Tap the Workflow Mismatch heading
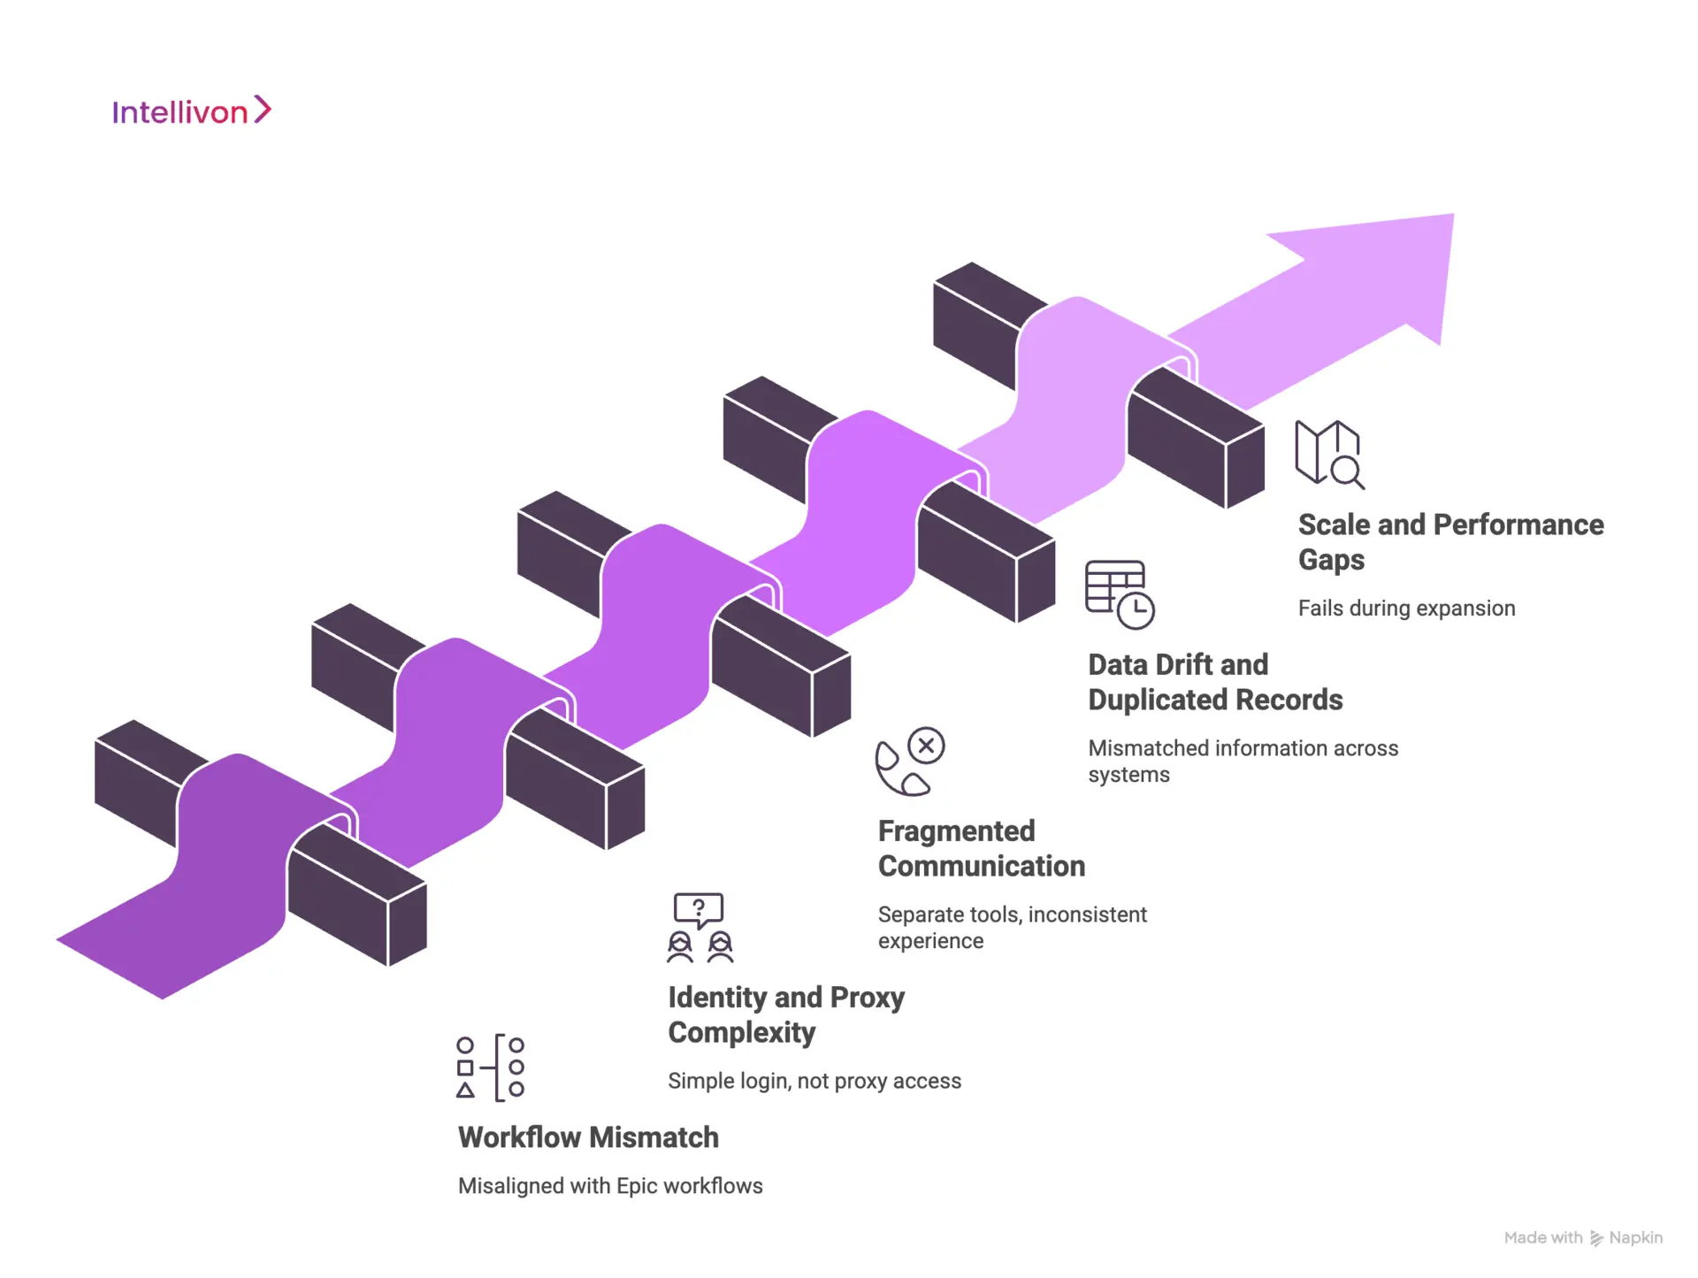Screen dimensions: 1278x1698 pyautogui.click(x=588, y=1137)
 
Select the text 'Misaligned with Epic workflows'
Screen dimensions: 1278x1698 pyautogui.click(x=610, y=1186)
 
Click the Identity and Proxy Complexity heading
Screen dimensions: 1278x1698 pyautogui.click(x=786, y=1014)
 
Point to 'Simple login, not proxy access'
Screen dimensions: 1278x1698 pyautogui.click(x=815, y=1081)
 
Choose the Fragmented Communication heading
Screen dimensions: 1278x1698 pyautogui.click(x=981, y=848)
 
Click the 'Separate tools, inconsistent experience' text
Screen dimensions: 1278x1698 pyautogui.click(x=1012, y=927)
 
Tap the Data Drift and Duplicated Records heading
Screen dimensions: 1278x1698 pyautogui.click(x=1214, y=682)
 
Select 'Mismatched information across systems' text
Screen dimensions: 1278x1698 pyautogui.click(x=1243, y=761)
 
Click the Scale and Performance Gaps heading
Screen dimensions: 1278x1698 pyautogui.click(x=1450, y=541)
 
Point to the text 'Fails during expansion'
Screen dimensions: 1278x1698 pyautogui.click(x=1406, y=608)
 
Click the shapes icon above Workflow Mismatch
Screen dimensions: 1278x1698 pyautogui.click(x=491, y=1068)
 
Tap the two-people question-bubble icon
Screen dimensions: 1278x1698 pyautogui.click(x=700, y=927)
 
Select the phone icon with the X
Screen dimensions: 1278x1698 pyautogui.click(x=909, y=761)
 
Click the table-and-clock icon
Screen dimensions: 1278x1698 pyautogui.click(x=1120, y=594)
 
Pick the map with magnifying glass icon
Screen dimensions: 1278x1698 pyautogui.click(x=1329, y=454)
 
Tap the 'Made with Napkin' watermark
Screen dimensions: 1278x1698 pyautogui.click(x=1583, y=1238)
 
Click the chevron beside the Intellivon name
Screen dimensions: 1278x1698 pyautogui.click(x=263, y=110)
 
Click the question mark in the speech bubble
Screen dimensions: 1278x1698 pyautogui.click(x=699, y=907)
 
